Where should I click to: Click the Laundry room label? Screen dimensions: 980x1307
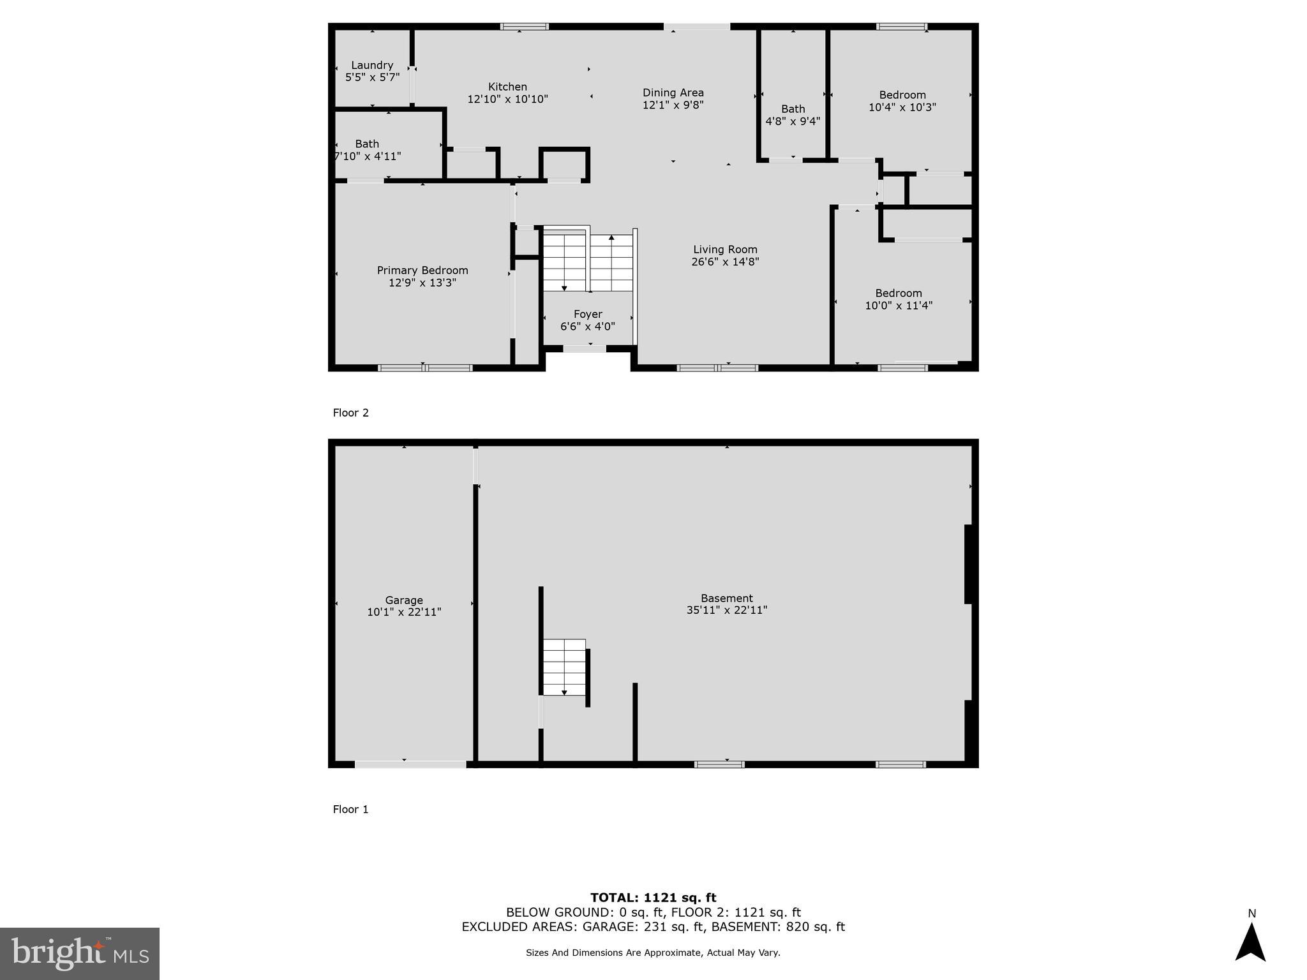click(372, 65)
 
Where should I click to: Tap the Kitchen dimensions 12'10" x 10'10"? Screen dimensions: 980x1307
click(507, 100)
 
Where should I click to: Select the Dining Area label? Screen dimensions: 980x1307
click(673, 93)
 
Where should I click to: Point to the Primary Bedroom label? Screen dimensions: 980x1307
click(422, 271)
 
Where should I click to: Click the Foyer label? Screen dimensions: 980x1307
click(587, 315)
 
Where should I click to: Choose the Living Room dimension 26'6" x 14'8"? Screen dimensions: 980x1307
click(725, 262)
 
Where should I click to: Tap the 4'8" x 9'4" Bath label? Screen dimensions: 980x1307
click(793, 115)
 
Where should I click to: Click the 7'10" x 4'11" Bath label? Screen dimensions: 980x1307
click(368, 150)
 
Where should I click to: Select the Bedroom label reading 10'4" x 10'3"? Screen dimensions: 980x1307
click(902, 101)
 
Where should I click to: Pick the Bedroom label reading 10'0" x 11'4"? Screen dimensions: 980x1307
click(898, 299)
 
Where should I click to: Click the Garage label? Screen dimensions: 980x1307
click(404, 600)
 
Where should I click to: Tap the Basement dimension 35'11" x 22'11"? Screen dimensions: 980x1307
click(726, 610)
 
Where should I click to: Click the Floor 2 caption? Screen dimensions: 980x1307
click(351, 413)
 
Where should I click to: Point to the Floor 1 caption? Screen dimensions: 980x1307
click(351, 810)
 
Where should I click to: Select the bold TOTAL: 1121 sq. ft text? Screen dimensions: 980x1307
click(653, 898)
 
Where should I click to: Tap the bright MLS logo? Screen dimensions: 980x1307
click(80, 953)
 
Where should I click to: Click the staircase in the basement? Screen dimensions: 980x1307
click(564, 667)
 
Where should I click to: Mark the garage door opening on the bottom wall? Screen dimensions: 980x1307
click(410, 764)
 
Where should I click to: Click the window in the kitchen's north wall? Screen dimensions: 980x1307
click(524, 27)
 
